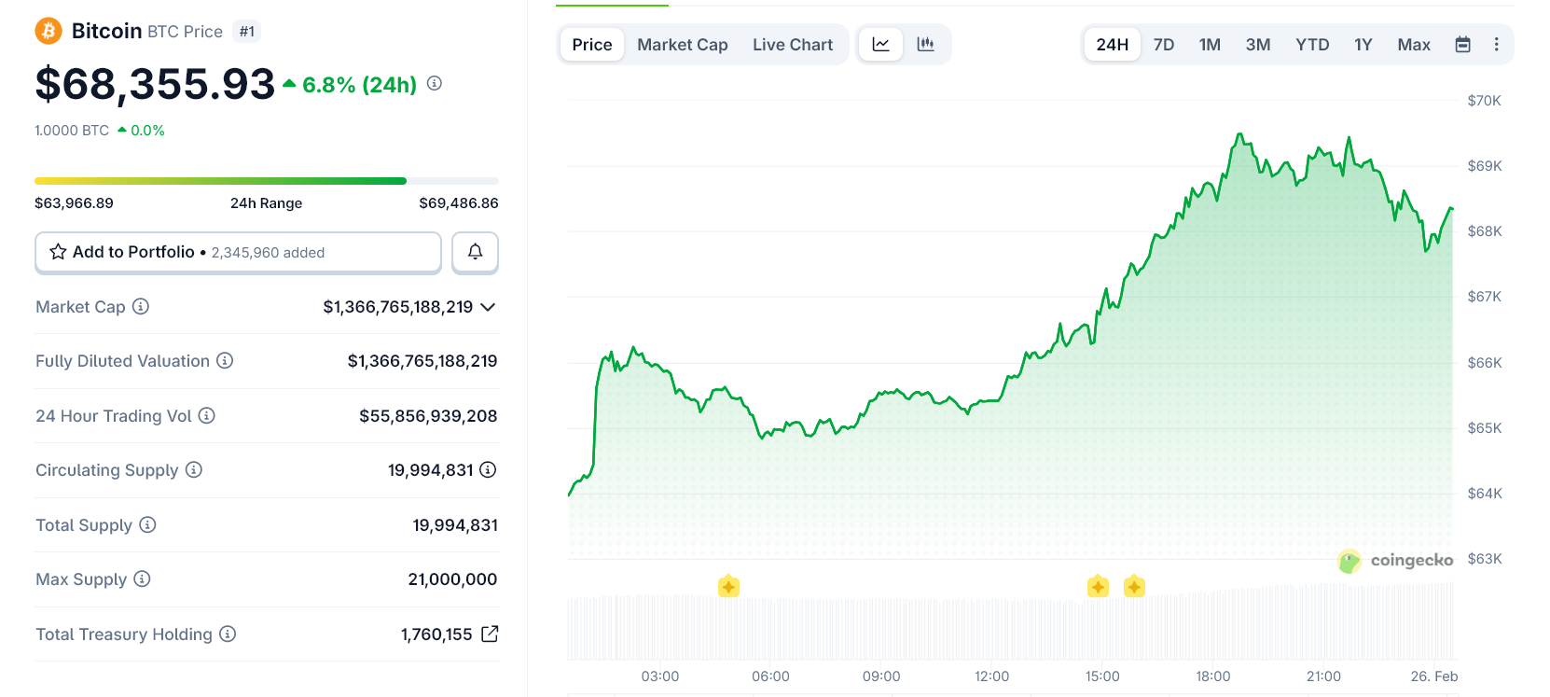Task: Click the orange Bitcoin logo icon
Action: tap(48, 32)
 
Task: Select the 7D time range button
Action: tap(1163, 45)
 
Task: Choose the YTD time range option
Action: tap(1311, 45)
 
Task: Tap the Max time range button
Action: tap(1413, 45)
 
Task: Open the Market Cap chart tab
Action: tap(682, 45)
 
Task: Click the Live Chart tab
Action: tap(793, 45)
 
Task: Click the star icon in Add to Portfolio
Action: tap(58, 252)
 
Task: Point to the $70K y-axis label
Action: tap(1484, 101)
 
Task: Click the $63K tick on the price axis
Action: tap(1484, 559)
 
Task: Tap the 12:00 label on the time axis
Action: tap(991, 676)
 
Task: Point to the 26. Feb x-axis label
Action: tap(1433, 676)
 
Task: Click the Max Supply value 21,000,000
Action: tap(452, 579)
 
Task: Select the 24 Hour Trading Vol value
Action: tap(428, 416)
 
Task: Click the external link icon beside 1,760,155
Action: tap(490, 634)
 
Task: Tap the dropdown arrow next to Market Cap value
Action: tap(488, 307)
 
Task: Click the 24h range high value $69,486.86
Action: tap(459, 203)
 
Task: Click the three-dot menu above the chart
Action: tap(1496, 45)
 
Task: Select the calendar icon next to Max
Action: tap(1462, 45)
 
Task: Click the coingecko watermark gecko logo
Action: tap(1349, 561)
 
